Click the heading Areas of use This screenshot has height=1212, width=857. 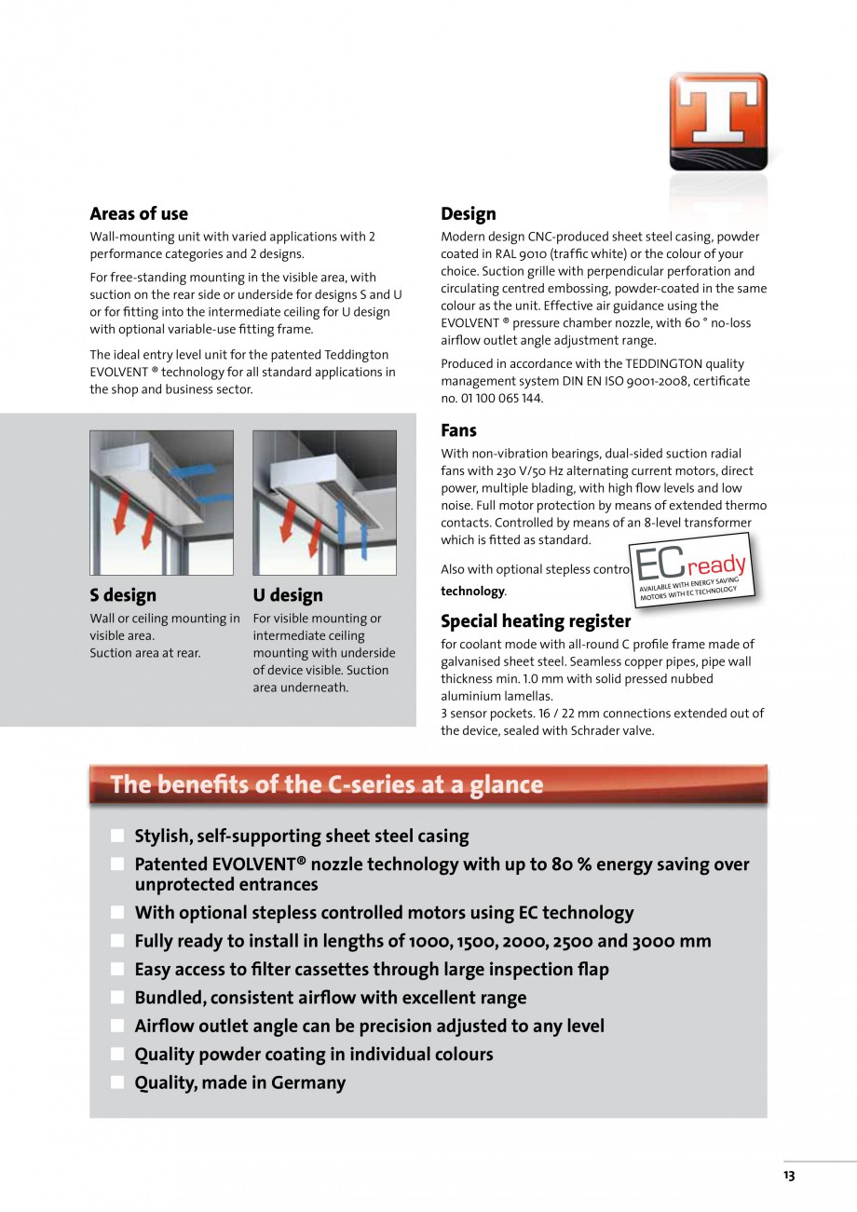click(x=138, y=213)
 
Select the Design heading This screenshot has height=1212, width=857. click(x=468, y=213)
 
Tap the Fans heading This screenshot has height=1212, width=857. click(x=458, y=430)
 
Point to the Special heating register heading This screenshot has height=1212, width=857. click(x=535, y=620)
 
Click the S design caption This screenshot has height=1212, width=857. click(x=123, y=595)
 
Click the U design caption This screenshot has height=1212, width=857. click(x=288, y=595)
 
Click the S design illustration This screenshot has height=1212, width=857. click(x=161, y=502)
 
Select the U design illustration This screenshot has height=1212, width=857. click(x=324, y=502)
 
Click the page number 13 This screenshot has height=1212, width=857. click(x=789, y=1176)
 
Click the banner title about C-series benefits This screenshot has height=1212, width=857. click(x=326, y=784)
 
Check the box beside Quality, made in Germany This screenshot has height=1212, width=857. click(x=116, y=1083)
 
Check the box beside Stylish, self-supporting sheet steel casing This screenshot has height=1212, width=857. click(x=116, y=836)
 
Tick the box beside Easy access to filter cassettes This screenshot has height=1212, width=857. click(x=116, y=969)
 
